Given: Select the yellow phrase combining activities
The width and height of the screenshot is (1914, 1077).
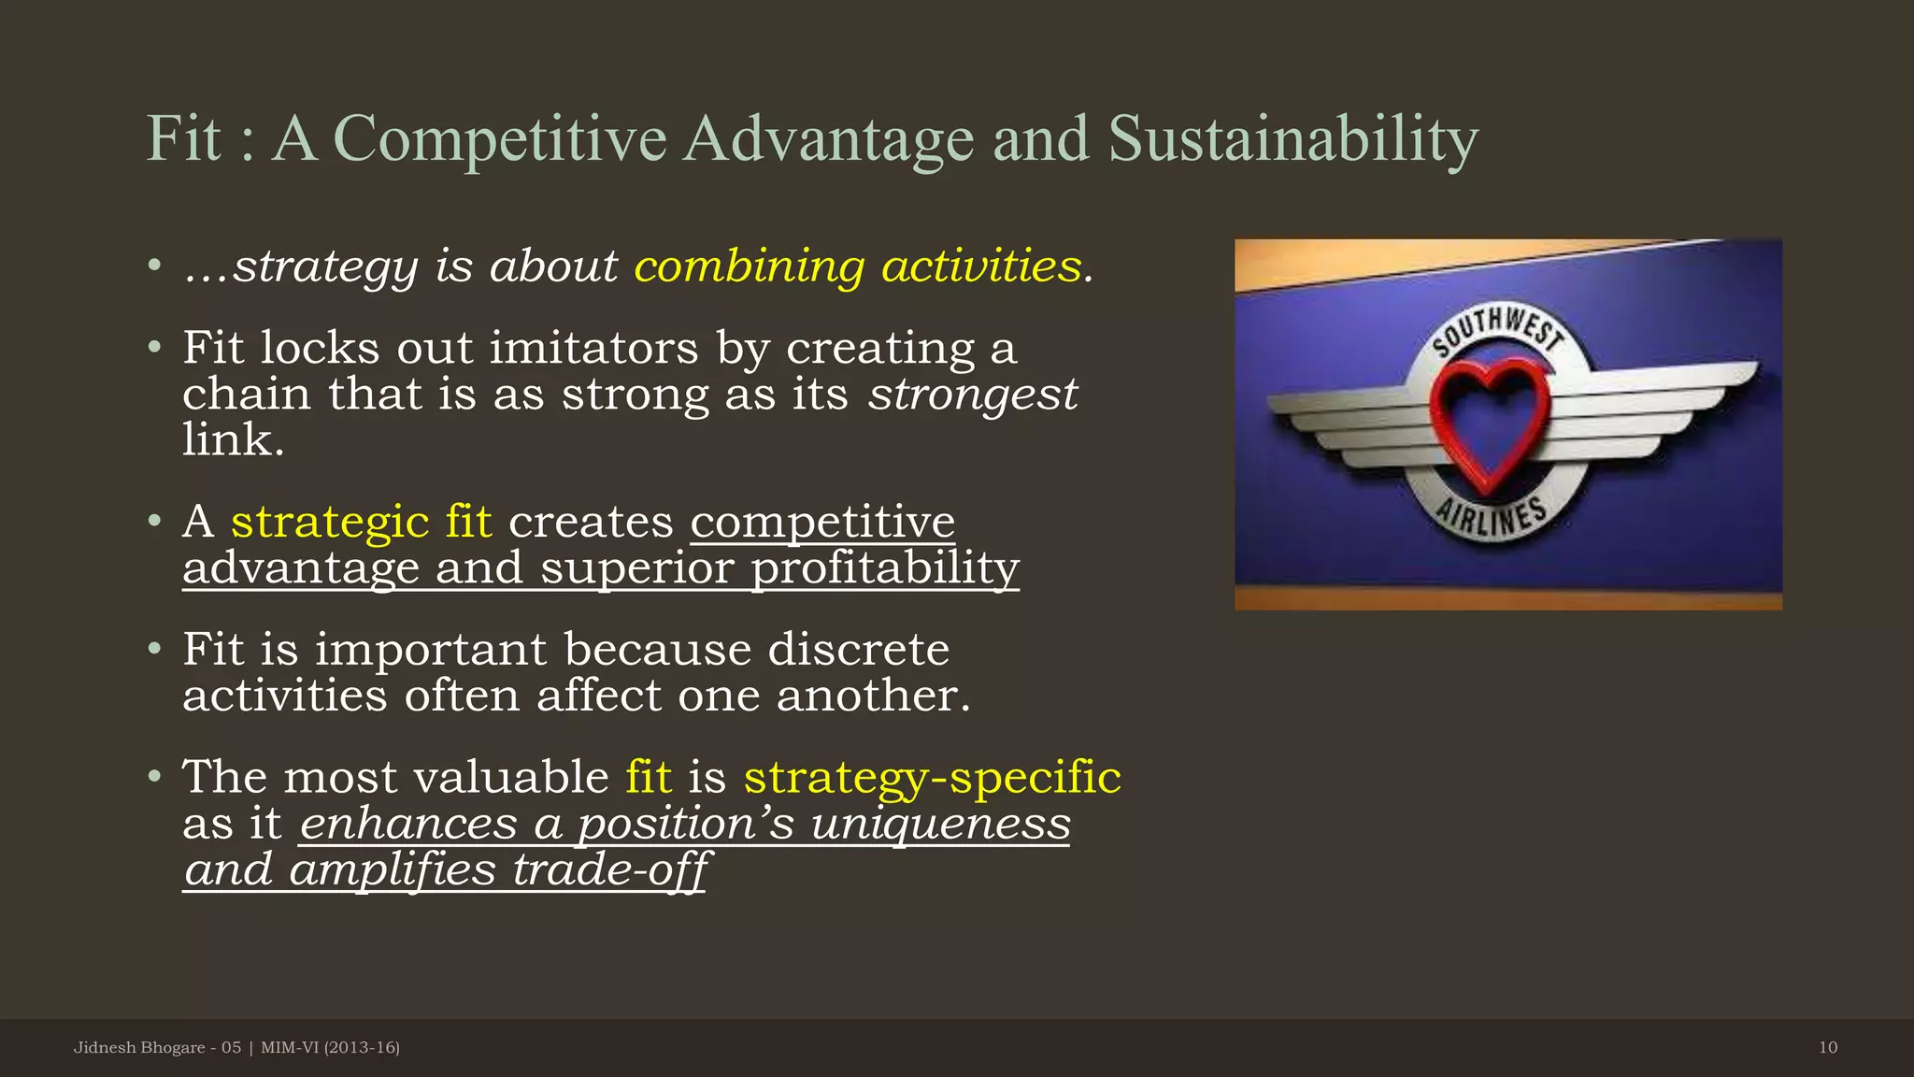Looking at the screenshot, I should (x=858, y=266).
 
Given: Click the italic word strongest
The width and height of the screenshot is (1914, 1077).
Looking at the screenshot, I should (x=972, y=395).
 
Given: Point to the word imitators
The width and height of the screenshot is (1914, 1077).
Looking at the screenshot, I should (x=593, y=349).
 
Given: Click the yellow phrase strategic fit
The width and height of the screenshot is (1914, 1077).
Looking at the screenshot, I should (x=361, y=522).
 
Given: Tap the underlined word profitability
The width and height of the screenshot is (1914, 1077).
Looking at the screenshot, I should (x=885, y=568).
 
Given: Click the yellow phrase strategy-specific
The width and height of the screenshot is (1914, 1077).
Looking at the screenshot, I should (x=932, y=778).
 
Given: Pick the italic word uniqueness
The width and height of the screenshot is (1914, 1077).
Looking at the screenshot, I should (x=940, y=825).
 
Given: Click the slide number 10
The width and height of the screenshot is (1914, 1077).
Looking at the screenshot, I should (x=1827, y=1048).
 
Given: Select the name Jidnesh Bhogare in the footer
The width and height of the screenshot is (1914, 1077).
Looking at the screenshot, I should (x=138, y=1048).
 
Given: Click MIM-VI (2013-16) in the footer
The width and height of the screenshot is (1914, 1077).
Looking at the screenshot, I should (x=330, y=1048).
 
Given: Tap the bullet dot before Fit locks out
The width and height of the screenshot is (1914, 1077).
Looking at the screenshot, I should (x=155, y=349).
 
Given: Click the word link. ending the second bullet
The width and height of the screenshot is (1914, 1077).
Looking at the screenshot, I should (x=233, y=440).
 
